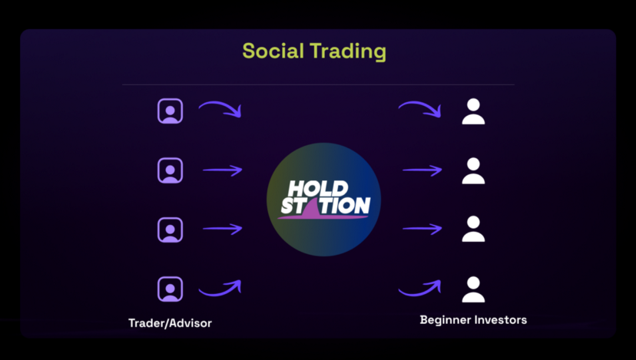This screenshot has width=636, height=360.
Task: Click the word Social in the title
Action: (273, 51)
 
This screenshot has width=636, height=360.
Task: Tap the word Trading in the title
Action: (348, 52)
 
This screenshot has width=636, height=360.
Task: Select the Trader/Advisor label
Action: (170, 323)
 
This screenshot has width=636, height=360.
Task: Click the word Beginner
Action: (445, 320)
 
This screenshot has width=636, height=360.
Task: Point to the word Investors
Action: (501, 320)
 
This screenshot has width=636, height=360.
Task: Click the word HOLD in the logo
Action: (318, 189)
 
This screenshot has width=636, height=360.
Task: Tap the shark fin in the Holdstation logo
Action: (311, 206)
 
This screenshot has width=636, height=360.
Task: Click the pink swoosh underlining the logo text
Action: (323, 216)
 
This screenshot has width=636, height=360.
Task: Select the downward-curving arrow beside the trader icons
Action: (222, 106)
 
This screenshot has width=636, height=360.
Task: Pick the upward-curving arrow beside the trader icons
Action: (221, 290)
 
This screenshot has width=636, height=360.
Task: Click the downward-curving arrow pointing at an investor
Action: (422, 106)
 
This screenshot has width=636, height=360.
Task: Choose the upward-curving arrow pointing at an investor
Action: (421, 290)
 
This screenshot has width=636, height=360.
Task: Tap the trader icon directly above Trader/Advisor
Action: (170, 289)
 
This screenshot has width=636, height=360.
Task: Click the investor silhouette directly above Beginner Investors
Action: (473, 289)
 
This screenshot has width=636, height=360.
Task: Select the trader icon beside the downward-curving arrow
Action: (170, 111)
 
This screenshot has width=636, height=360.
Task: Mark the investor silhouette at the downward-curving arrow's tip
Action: (473, 111)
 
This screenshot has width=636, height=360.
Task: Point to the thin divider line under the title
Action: (319, 84)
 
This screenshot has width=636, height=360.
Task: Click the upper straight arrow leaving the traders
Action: (222, 170)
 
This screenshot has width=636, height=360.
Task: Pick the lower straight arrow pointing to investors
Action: (422, 229)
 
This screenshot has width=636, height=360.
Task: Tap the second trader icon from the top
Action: (170, 170)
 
